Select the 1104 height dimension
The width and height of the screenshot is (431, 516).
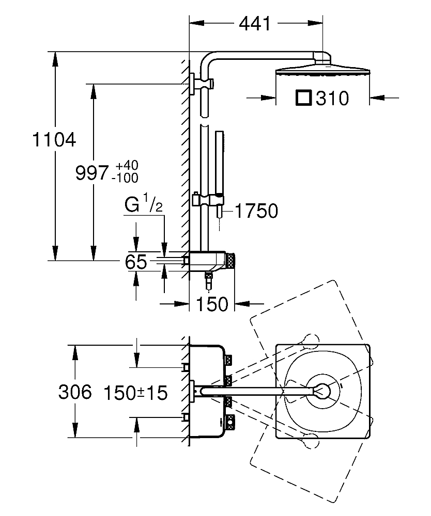[54, 139]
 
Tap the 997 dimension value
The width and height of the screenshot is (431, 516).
[92, 173]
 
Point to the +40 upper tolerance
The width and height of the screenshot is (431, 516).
[127, 166]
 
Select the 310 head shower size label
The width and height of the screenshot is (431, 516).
[332, 98]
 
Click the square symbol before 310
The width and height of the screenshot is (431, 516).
[303, 98]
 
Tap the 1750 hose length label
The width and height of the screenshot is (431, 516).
[256, 211]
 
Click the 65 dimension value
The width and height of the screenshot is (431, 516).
[136, 263]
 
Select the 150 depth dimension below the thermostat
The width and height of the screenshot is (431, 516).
[212, 304]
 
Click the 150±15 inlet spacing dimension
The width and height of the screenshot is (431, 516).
[135, 393]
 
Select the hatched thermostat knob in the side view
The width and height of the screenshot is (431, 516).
[232, 261]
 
